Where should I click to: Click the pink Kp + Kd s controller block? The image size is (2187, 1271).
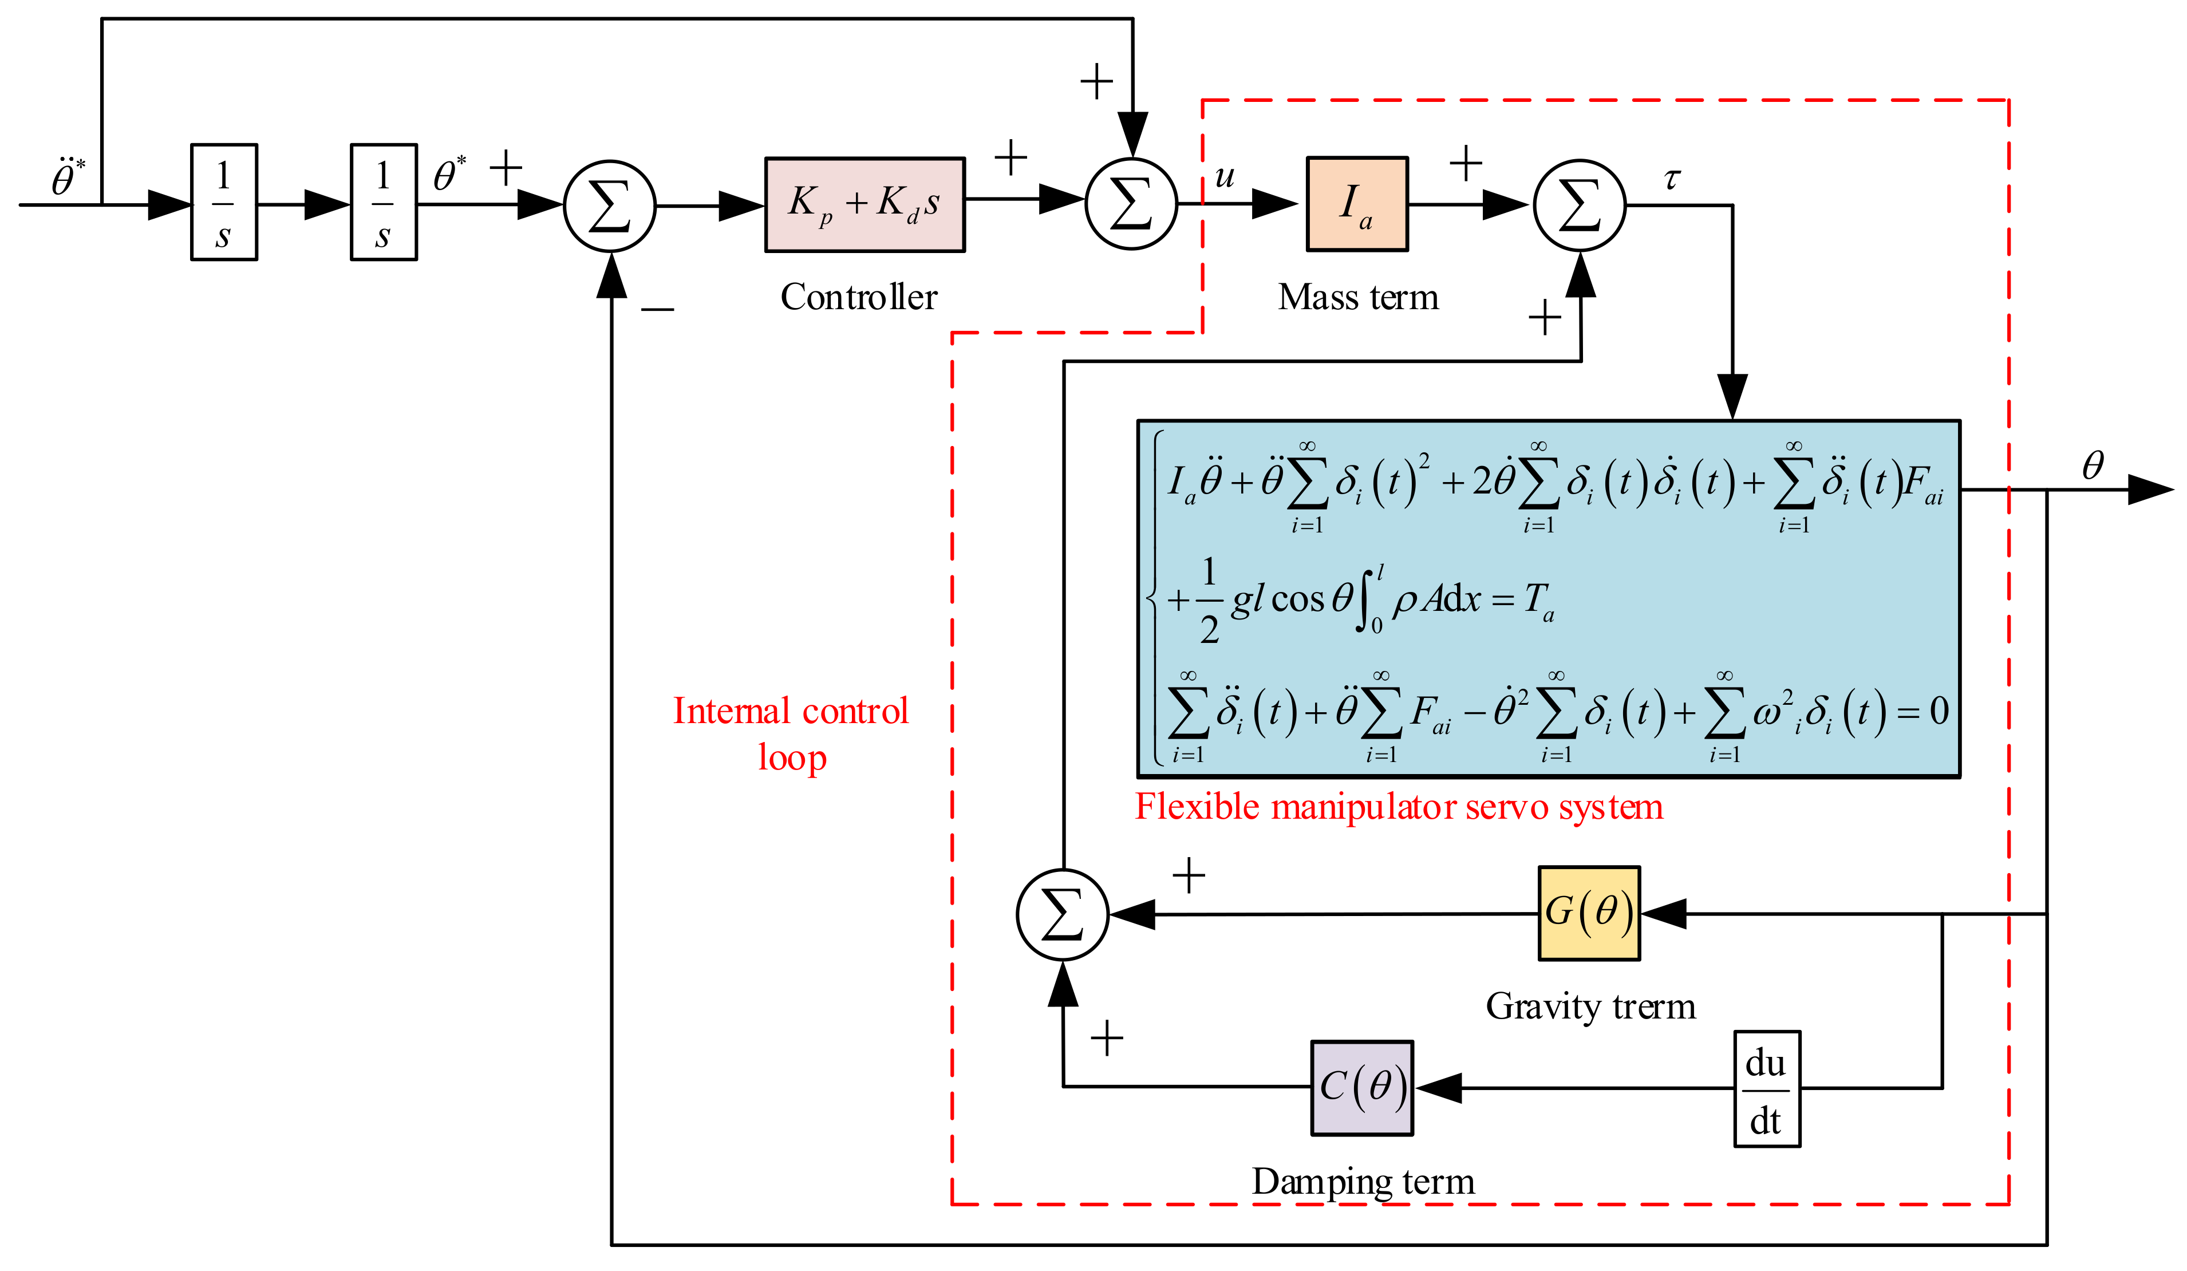[x=864, y=205]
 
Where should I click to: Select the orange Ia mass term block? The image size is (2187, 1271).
[x=1356, y=205]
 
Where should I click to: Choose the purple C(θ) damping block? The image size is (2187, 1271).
[x=1361, y=1087]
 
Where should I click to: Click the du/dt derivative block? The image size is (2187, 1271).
[x=1766, y=1089]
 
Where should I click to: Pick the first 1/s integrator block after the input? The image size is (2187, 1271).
[x=224, y=202]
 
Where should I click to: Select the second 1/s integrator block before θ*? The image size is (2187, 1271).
[x=384, y=202]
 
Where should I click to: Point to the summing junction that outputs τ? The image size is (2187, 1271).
[x=1580, y=206]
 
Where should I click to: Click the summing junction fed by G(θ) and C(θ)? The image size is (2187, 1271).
[x=1062, y=914]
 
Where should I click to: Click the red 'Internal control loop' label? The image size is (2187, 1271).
[x=791, y=733]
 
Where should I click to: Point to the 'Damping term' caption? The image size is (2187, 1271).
[x=1363, y=1182]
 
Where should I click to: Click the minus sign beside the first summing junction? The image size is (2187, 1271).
[x=657, y=309]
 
